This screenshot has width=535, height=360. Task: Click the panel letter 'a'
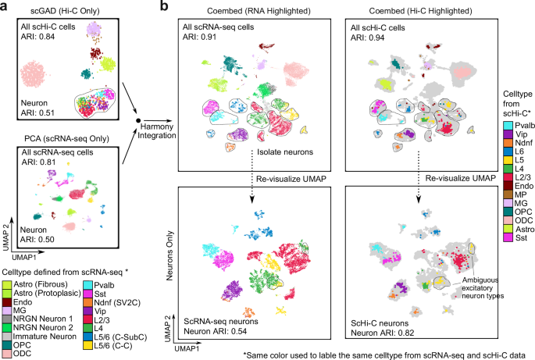coord(5,6)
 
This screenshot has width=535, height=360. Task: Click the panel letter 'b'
coord(162,6)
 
